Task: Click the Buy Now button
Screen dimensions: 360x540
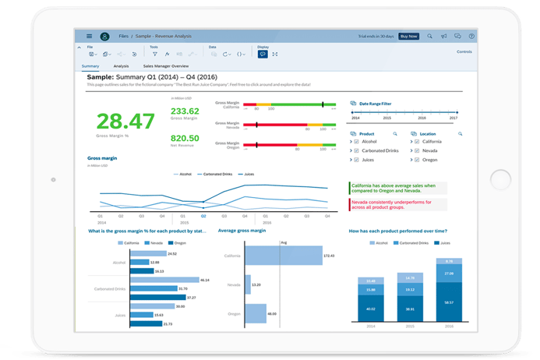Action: click(408, 36)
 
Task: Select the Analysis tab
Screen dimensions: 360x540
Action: click(121, 67)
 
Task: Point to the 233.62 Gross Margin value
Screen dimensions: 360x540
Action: click(184, 111)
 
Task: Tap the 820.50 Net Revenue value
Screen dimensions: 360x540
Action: click(184, 139)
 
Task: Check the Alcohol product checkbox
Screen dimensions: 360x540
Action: click(356, 142)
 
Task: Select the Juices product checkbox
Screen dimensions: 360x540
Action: click(356, 159)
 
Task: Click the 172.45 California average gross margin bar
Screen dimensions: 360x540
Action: click(284, 256)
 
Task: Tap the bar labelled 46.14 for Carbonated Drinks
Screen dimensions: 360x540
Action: click(164, 280)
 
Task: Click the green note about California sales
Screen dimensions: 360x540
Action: click(397, 188)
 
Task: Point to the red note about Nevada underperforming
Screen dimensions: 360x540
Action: click(397, 203)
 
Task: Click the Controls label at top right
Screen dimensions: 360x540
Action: click(464, 51)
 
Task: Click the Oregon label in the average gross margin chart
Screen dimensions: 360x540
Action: click(234, 313)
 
